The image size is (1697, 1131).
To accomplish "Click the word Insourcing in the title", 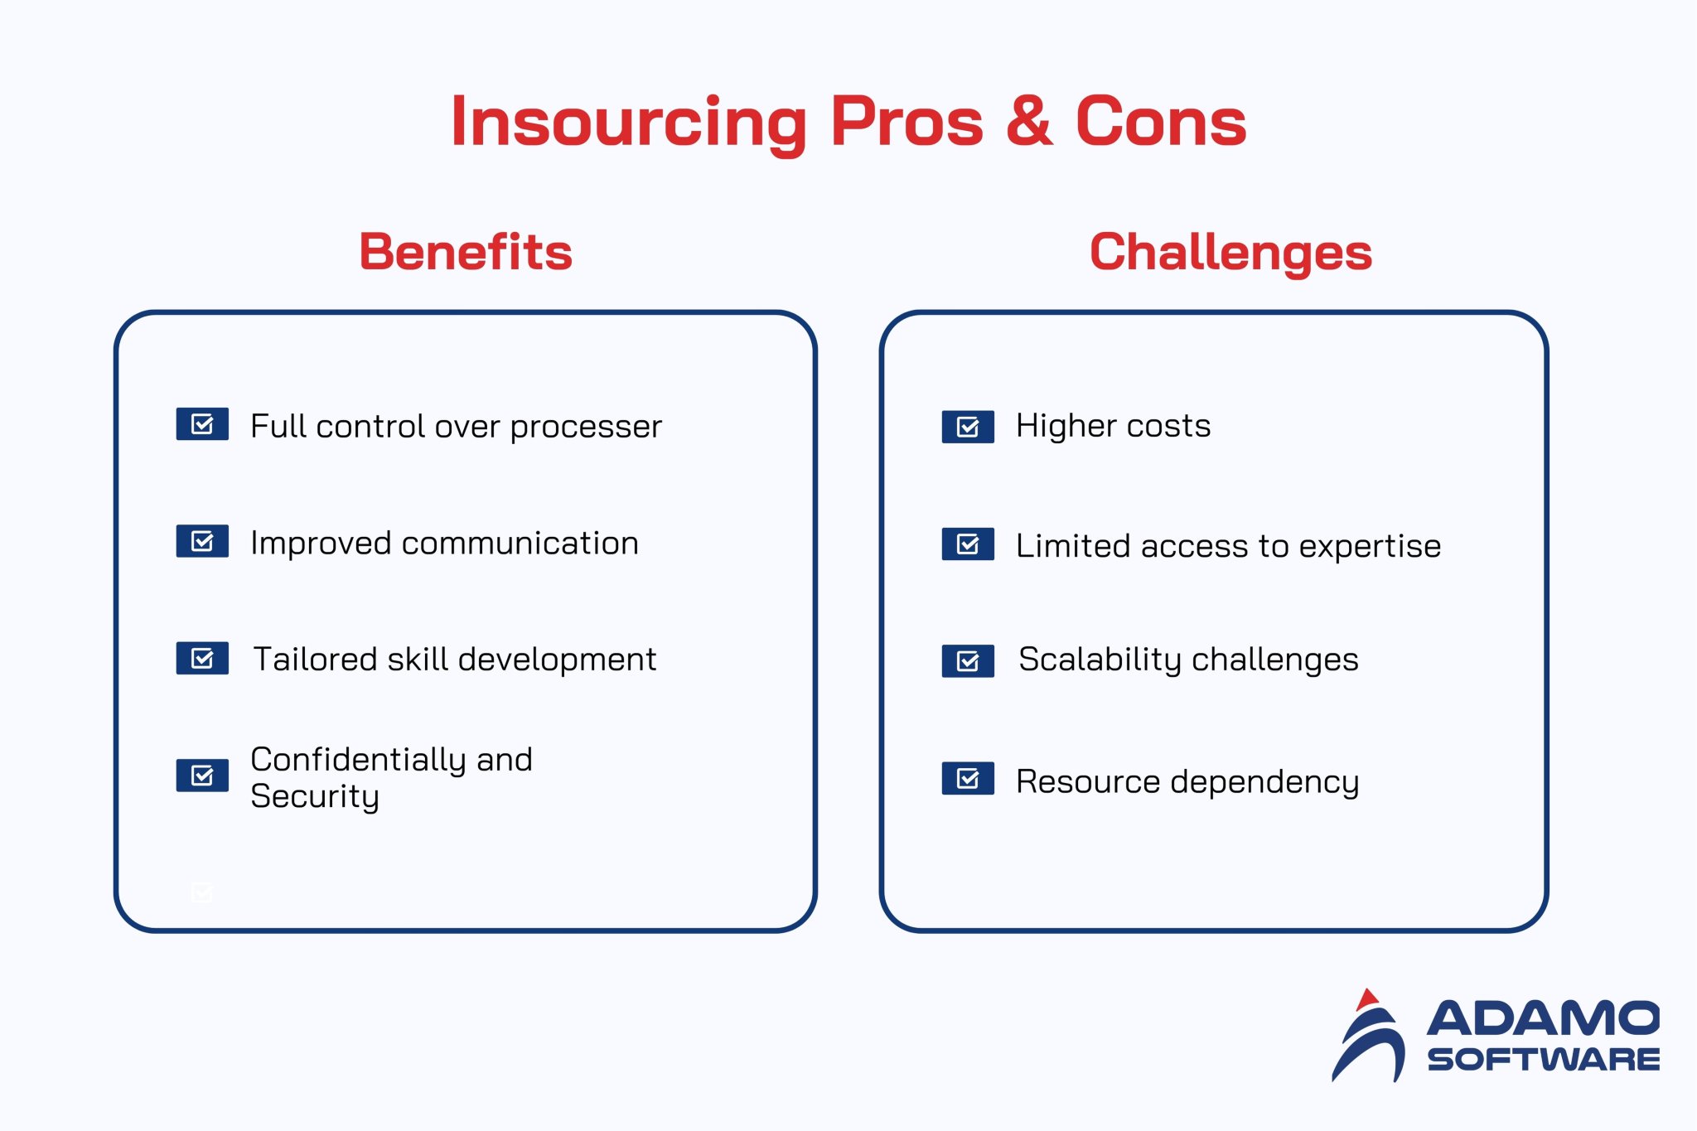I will tap(628, 123).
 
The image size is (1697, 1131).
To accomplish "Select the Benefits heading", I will tap(466, 252).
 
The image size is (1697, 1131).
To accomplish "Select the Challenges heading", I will tap(1230, 252).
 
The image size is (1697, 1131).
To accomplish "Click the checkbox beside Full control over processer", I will tap(202, 424).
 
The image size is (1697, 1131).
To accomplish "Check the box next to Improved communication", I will tap(202, 541).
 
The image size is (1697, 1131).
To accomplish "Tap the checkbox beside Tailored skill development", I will tap(202, 658).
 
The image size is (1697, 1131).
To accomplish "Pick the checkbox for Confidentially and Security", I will tap(202, 776).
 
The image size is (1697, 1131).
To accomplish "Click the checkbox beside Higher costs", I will tap(968, 427).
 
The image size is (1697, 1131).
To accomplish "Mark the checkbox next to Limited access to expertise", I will tap(968, 544).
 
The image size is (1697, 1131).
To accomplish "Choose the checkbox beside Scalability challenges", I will tap(968, 661).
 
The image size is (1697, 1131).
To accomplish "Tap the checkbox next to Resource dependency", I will tap(968, 778).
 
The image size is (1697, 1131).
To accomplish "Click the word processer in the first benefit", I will tap(586, 428).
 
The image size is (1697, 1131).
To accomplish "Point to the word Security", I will tap(315, 796).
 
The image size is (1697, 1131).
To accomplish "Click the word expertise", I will tap(1370, 547).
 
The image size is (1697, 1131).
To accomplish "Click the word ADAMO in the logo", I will tap(1543, 1018).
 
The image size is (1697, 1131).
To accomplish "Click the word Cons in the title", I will tap(1160, 123).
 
